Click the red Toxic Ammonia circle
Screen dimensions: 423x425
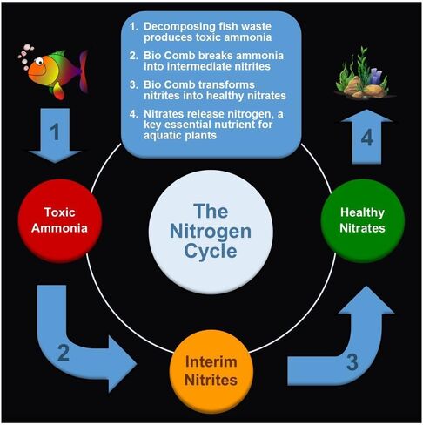tap(60, 221)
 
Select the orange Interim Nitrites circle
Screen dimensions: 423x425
tap(211, 371)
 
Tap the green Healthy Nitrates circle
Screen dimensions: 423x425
tap(363, 221)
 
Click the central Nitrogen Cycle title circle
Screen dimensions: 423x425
tap(211, 232)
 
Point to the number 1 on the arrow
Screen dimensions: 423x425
tap(55, 132)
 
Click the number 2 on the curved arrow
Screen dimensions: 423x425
tap(64, 353)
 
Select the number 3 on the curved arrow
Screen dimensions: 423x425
tap(352, 362)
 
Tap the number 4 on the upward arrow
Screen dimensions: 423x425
tap(367, 138)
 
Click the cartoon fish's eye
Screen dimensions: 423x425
tap(39, 61)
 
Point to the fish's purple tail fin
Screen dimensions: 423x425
tap(84, 71)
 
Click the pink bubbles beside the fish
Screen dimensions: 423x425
tap(25, 56)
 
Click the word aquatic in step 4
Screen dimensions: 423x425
tap(161, 136)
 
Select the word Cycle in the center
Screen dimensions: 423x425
tap(211, 251)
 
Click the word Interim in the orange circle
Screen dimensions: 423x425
tap(211, 361)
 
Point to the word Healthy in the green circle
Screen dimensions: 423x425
tap(362, 212)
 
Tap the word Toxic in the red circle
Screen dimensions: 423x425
tap(60, 212)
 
